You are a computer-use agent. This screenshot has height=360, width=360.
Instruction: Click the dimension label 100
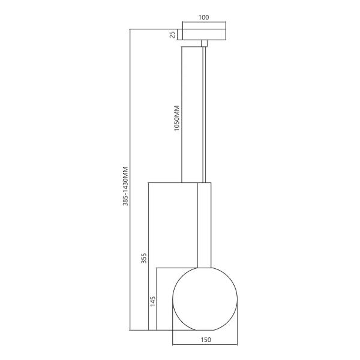click(x=203, y=17)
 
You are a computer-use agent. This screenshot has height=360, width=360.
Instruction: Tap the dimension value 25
click(x=173, y=34)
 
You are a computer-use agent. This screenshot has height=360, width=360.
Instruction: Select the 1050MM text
click(x=176, y=119)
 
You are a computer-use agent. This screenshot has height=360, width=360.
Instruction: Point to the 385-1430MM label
click(x=126, y=186)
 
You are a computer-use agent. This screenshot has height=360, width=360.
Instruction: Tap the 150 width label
click(x=205, y=340)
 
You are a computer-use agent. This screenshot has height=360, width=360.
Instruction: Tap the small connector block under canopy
click(x=203, y=43)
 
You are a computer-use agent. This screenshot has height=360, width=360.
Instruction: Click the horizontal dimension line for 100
click(x=203, y=24)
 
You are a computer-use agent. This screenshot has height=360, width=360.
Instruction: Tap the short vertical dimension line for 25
click(x=178, y=34)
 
